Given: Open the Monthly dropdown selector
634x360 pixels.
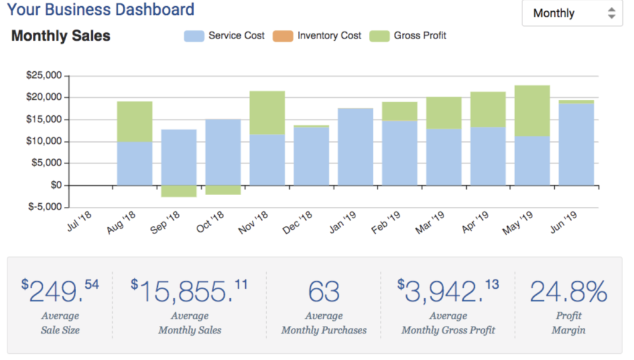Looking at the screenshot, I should click(x=571, y=14).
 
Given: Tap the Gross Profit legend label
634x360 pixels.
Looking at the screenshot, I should click(x=420, y=36).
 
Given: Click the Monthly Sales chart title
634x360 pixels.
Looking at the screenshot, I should click(x=61, y=36).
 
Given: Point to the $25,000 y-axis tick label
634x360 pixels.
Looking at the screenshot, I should click(x=44, y=76).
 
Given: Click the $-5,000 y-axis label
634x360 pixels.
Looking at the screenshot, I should click(x=44, y=207).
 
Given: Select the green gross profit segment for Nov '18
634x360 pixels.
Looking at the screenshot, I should click(x=267, y=113).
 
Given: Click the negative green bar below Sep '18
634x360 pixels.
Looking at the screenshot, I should click(x=179, y=191).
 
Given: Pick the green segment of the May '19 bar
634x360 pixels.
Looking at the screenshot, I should click(x=532, y=110).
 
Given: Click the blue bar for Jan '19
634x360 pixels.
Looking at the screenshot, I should click(x=355, y=147).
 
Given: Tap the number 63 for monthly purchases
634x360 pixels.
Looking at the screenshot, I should click(x=324, y=292).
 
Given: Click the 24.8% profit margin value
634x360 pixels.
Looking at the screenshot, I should click(x=568, y=292).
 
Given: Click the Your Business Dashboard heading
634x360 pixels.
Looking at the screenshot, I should click(x=101, y=10).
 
